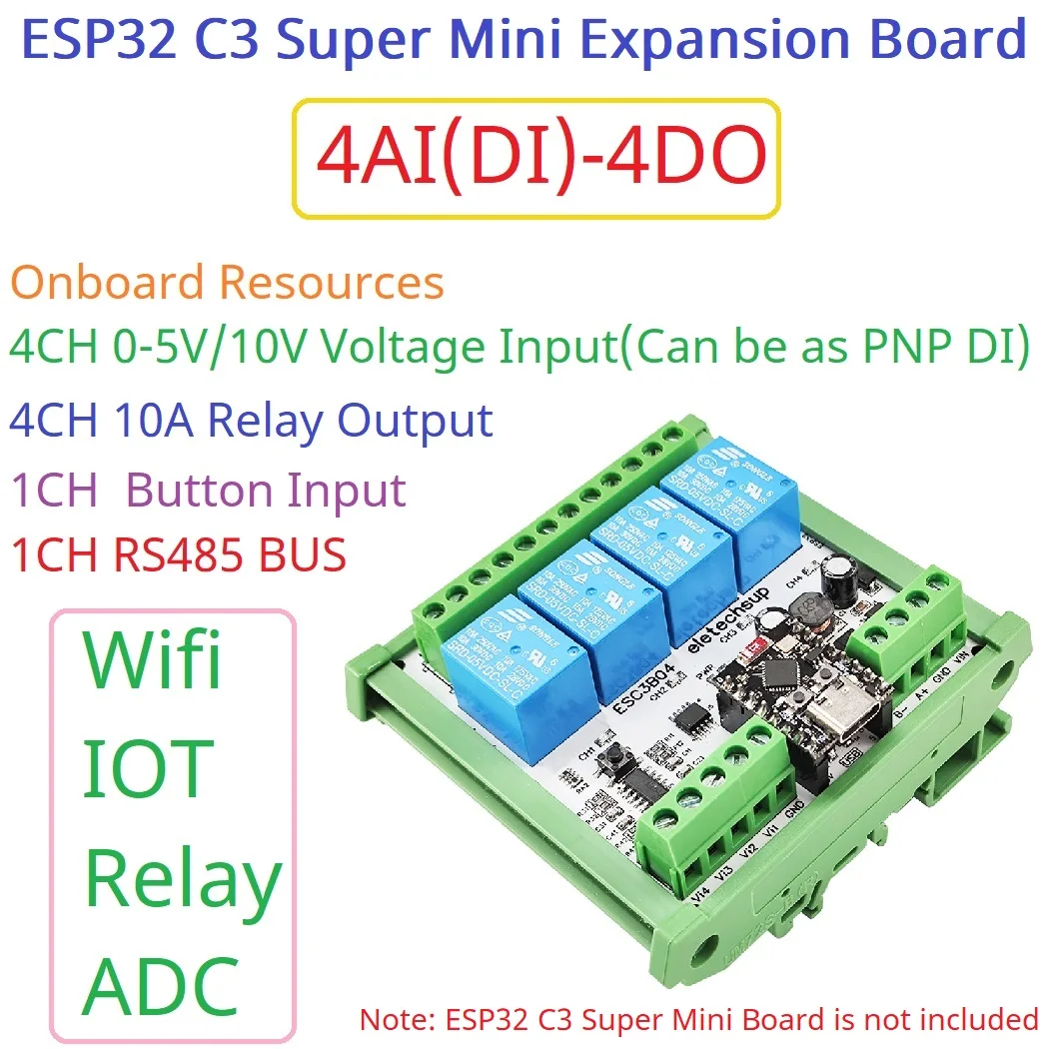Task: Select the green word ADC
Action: pos(160,983)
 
